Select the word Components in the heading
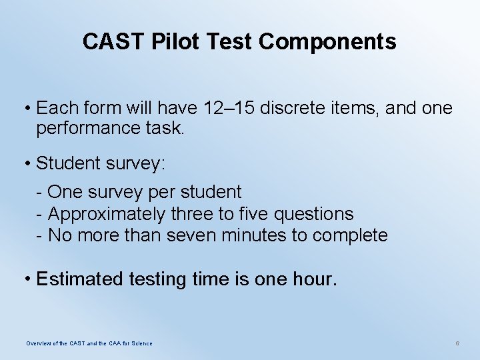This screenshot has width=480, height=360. tap(327, 42)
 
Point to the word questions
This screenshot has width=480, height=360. tap(318, 214)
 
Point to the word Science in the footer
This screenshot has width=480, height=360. tap(140, 343)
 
